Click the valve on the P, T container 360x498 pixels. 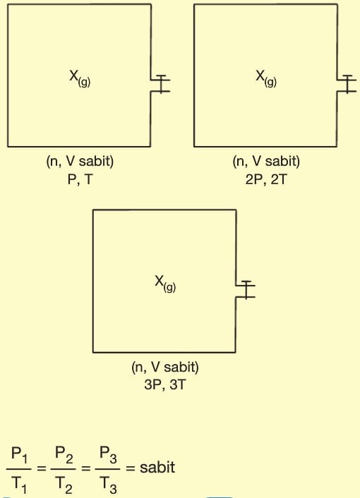point(161,84)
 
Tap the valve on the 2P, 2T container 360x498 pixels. point(347,84)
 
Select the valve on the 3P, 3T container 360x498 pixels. point(246,290)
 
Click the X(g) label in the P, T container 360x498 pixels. point(80,78)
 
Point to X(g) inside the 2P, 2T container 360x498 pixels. point(266,78)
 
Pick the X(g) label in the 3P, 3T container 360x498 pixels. point(165,284)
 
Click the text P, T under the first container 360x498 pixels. point(80,180)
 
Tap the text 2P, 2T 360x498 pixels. point(266,180)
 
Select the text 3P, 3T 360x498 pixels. point(164,385)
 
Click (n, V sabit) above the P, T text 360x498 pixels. point(80,162)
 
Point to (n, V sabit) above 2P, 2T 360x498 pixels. point(266,162)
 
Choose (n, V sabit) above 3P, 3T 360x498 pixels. point(165,367)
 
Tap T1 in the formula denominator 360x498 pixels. point(19,485)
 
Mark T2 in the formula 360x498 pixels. point(64,485)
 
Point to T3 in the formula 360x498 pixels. point(108,485)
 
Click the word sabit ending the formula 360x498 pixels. point(157,468)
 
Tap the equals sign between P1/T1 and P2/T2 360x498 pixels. point(42,468)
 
